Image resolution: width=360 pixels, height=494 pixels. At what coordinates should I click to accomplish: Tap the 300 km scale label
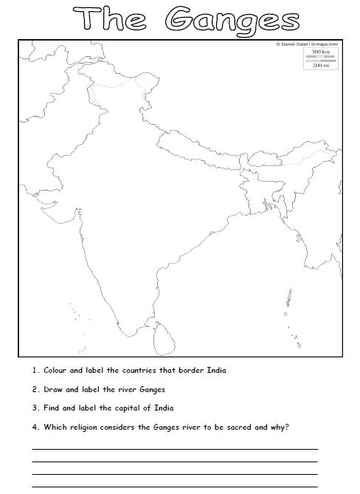pyautogui.click(x=320, y=52)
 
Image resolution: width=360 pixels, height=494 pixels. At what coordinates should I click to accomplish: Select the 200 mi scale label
pyautogui.click(x=320, y=66)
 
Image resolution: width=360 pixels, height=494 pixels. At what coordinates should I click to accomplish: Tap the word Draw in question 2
pyautogui.click(x=53, y=389)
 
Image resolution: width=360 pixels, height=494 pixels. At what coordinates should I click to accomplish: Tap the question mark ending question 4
pyautogui.click(x=288, y=427)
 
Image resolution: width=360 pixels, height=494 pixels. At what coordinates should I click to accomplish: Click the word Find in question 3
pyautogui.click(x=52, y=408)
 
